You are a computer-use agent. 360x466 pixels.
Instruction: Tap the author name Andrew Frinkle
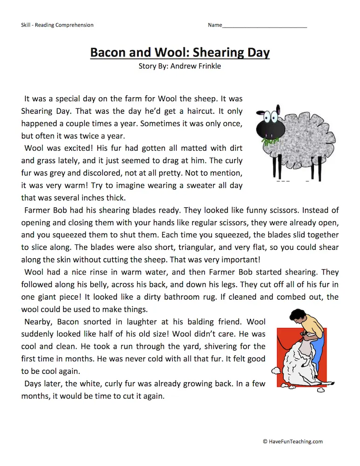[x=196, y=66]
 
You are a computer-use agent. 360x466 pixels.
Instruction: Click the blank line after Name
[x=265, y=25]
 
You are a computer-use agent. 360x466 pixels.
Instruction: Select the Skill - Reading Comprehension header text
[x=57, y=25]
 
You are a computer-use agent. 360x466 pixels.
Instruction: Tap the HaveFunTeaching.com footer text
[x=292, y=442]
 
